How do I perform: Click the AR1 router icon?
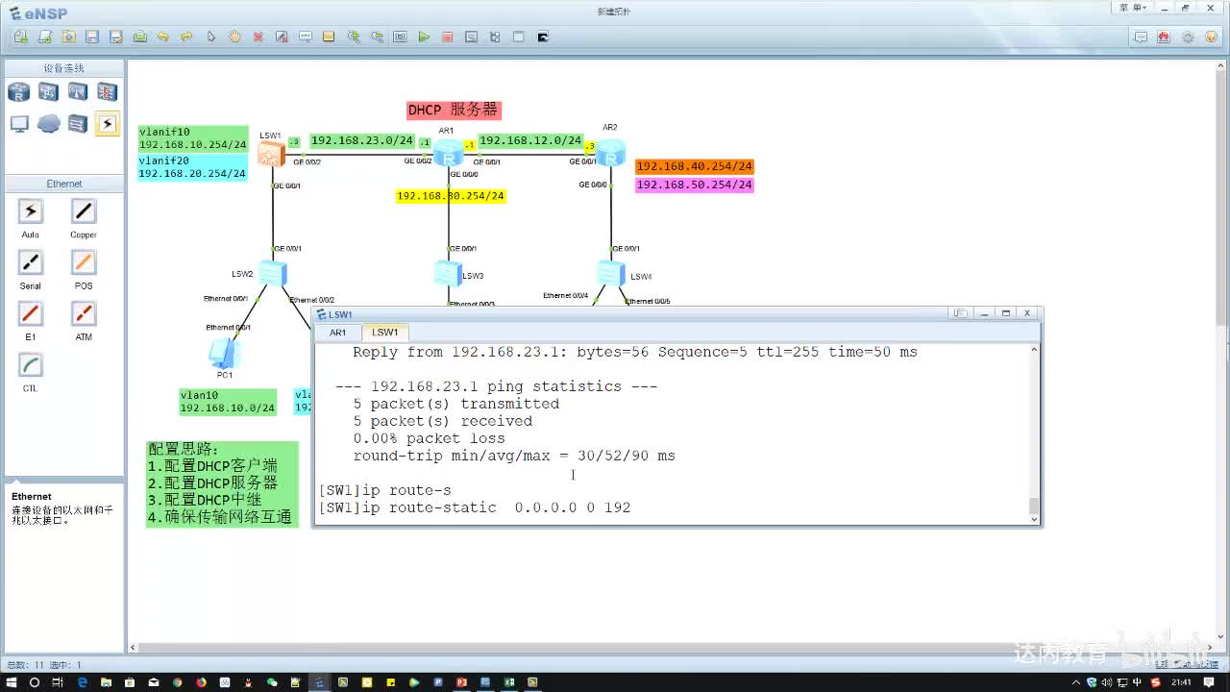(x=448, y=153)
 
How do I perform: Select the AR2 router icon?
(x=610, y=151)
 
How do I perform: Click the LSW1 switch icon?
(x=271, y=154)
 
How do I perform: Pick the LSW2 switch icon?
(x=272, y=274)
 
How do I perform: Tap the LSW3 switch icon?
(x=447, y=274)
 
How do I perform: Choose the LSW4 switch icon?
(x=610, y=274)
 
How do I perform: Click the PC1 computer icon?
(x=223, y=353)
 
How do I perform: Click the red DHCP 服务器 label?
(x=454, y=111)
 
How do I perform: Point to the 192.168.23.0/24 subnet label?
(x=362, y=140)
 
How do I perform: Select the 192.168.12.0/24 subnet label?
(x=530, y=140)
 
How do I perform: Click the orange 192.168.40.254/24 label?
(x=695, y=166)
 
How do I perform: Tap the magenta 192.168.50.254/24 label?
(x=695, y=185)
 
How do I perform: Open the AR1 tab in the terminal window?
(x=338, y=333)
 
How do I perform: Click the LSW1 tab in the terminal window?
(x=385, y=333)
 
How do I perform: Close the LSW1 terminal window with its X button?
(x=1027, y=313)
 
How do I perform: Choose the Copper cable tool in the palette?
(x=84, y=212)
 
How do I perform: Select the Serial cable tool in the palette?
(x=31, y=263)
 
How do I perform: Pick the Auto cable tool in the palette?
(x=31, y=212)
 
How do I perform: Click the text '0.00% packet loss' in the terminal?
(x=429, y=438)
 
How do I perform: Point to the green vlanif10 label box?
(x=192, y=138)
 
